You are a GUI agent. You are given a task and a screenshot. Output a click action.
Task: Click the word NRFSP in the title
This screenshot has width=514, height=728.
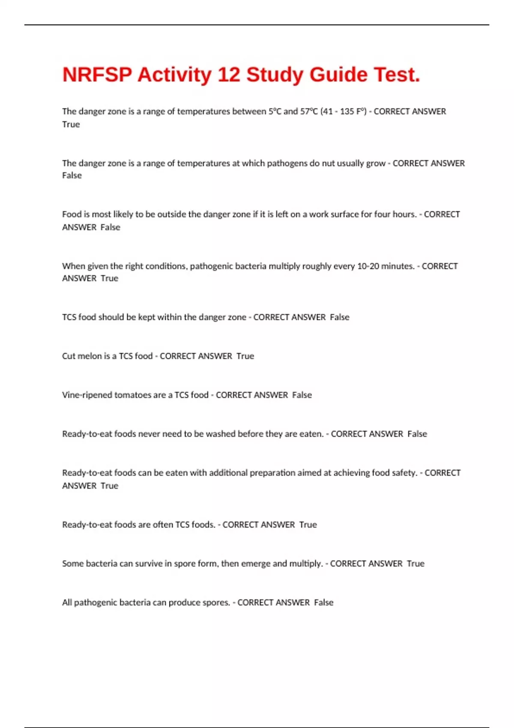(97, 75)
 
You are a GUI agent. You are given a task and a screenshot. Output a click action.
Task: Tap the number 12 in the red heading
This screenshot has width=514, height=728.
(229, 75)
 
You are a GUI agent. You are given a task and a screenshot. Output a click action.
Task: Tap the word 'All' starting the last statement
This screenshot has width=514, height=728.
(67, 603)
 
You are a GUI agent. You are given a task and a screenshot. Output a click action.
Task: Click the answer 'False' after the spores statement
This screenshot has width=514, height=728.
(323, 603)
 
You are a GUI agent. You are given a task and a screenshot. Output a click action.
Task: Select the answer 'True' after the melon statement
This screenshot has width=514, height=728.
(245, 356)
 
